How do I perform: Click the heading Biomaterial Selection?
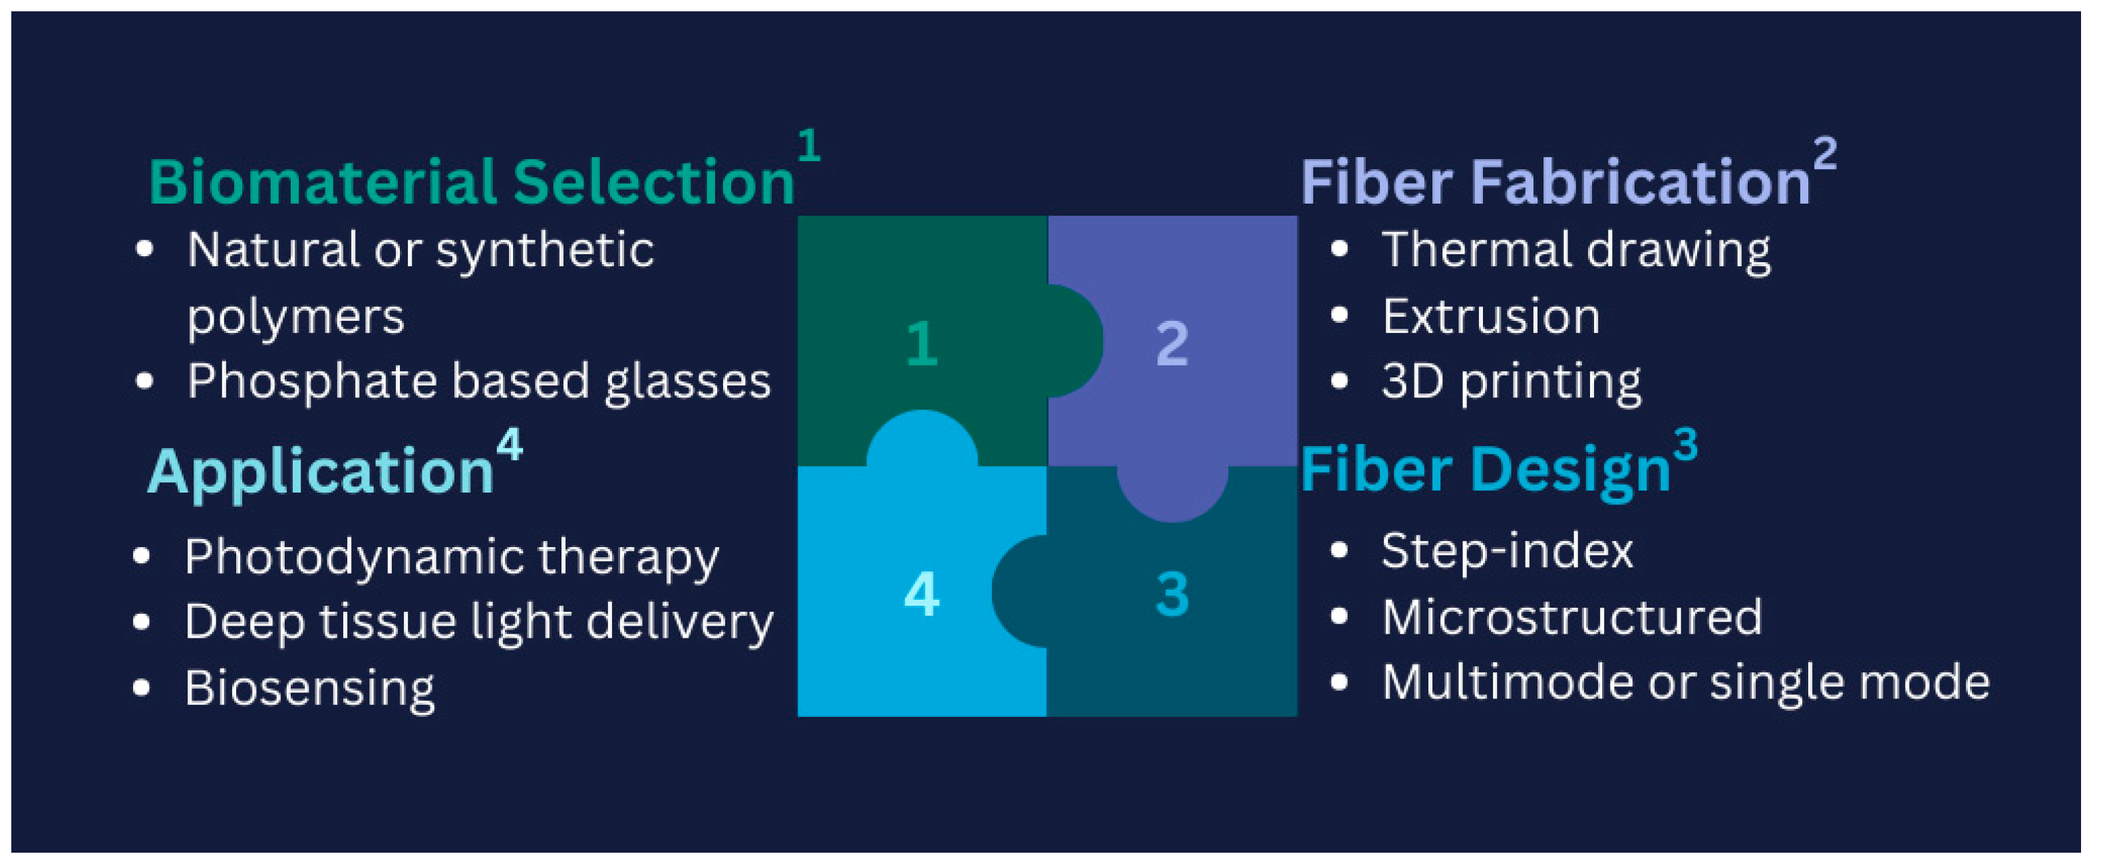(472, 182)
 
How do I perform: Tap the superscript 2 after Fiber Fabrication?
(1825, 154)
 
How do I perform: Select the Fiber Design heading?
(1485, 470)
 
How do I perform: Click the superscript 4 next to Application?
(509, 445)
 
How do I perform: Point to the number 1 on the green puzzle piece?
(921, 343)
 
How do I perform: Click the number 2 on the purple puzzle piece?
(1172, 343)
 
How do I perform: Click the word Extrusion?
(1490, 316)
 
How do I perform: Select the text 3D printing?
(1511, 381)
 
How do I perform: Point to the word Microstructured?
(1571, 617)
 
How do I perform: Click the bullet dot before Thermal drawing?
(1339, 250)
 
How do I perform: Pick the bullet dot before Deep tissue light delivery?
(141, 622)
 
